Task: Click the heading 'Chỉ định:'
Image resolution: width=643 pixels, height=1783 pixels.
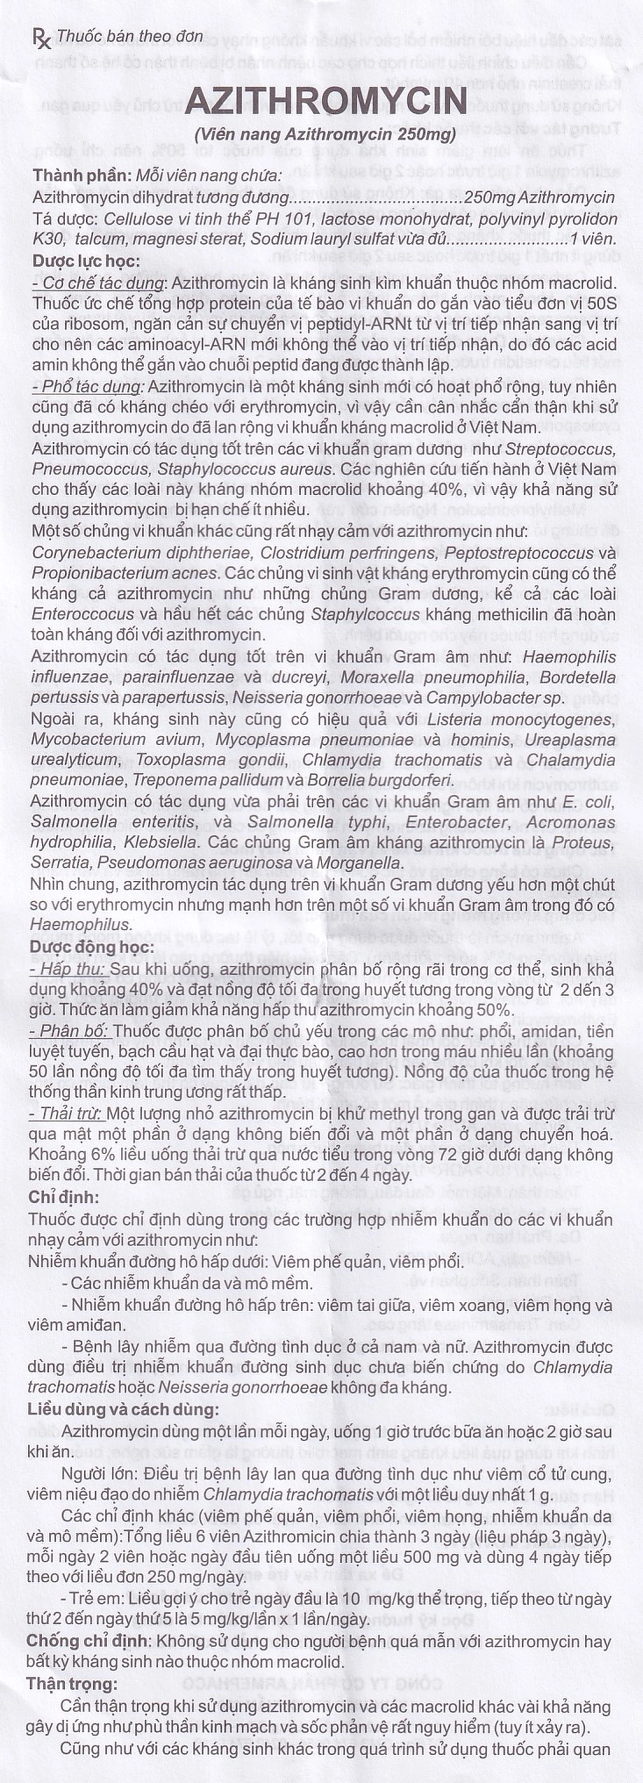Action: click(x=63, y=1197)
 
